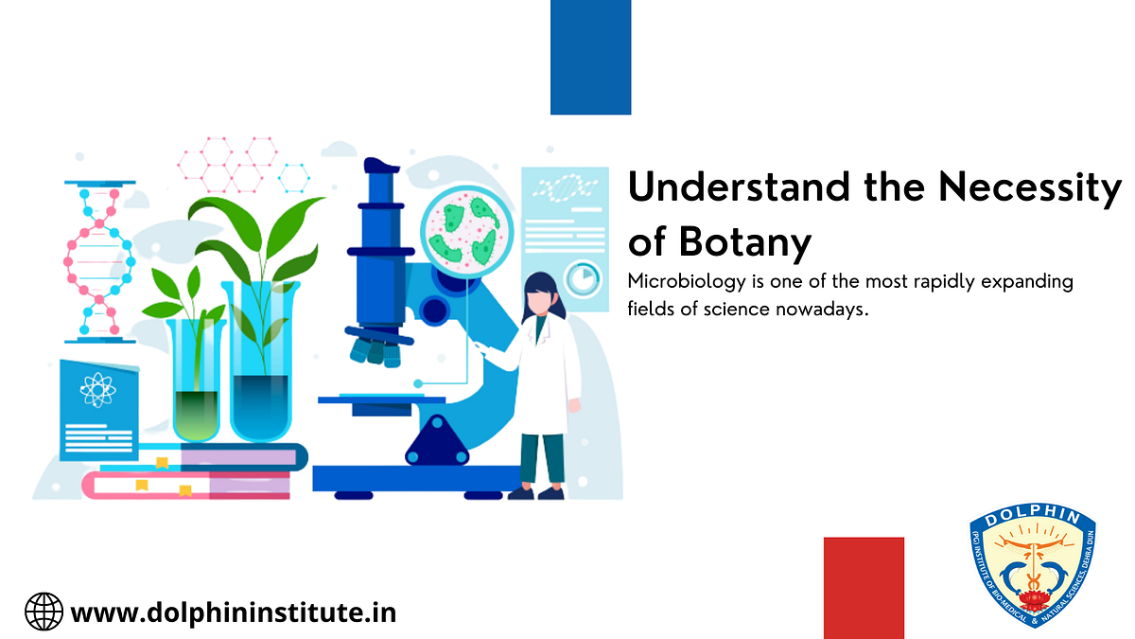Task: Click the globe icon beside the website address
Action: [x=44, y=612]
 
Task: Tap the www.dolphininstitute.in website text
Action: [x=234, y=612]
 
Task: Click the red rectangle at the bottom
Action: [x=864, y=587]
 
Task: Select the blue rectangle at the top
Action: [x=590, y=57]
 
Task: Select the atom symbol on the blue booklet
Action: [x=96, y=388]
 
